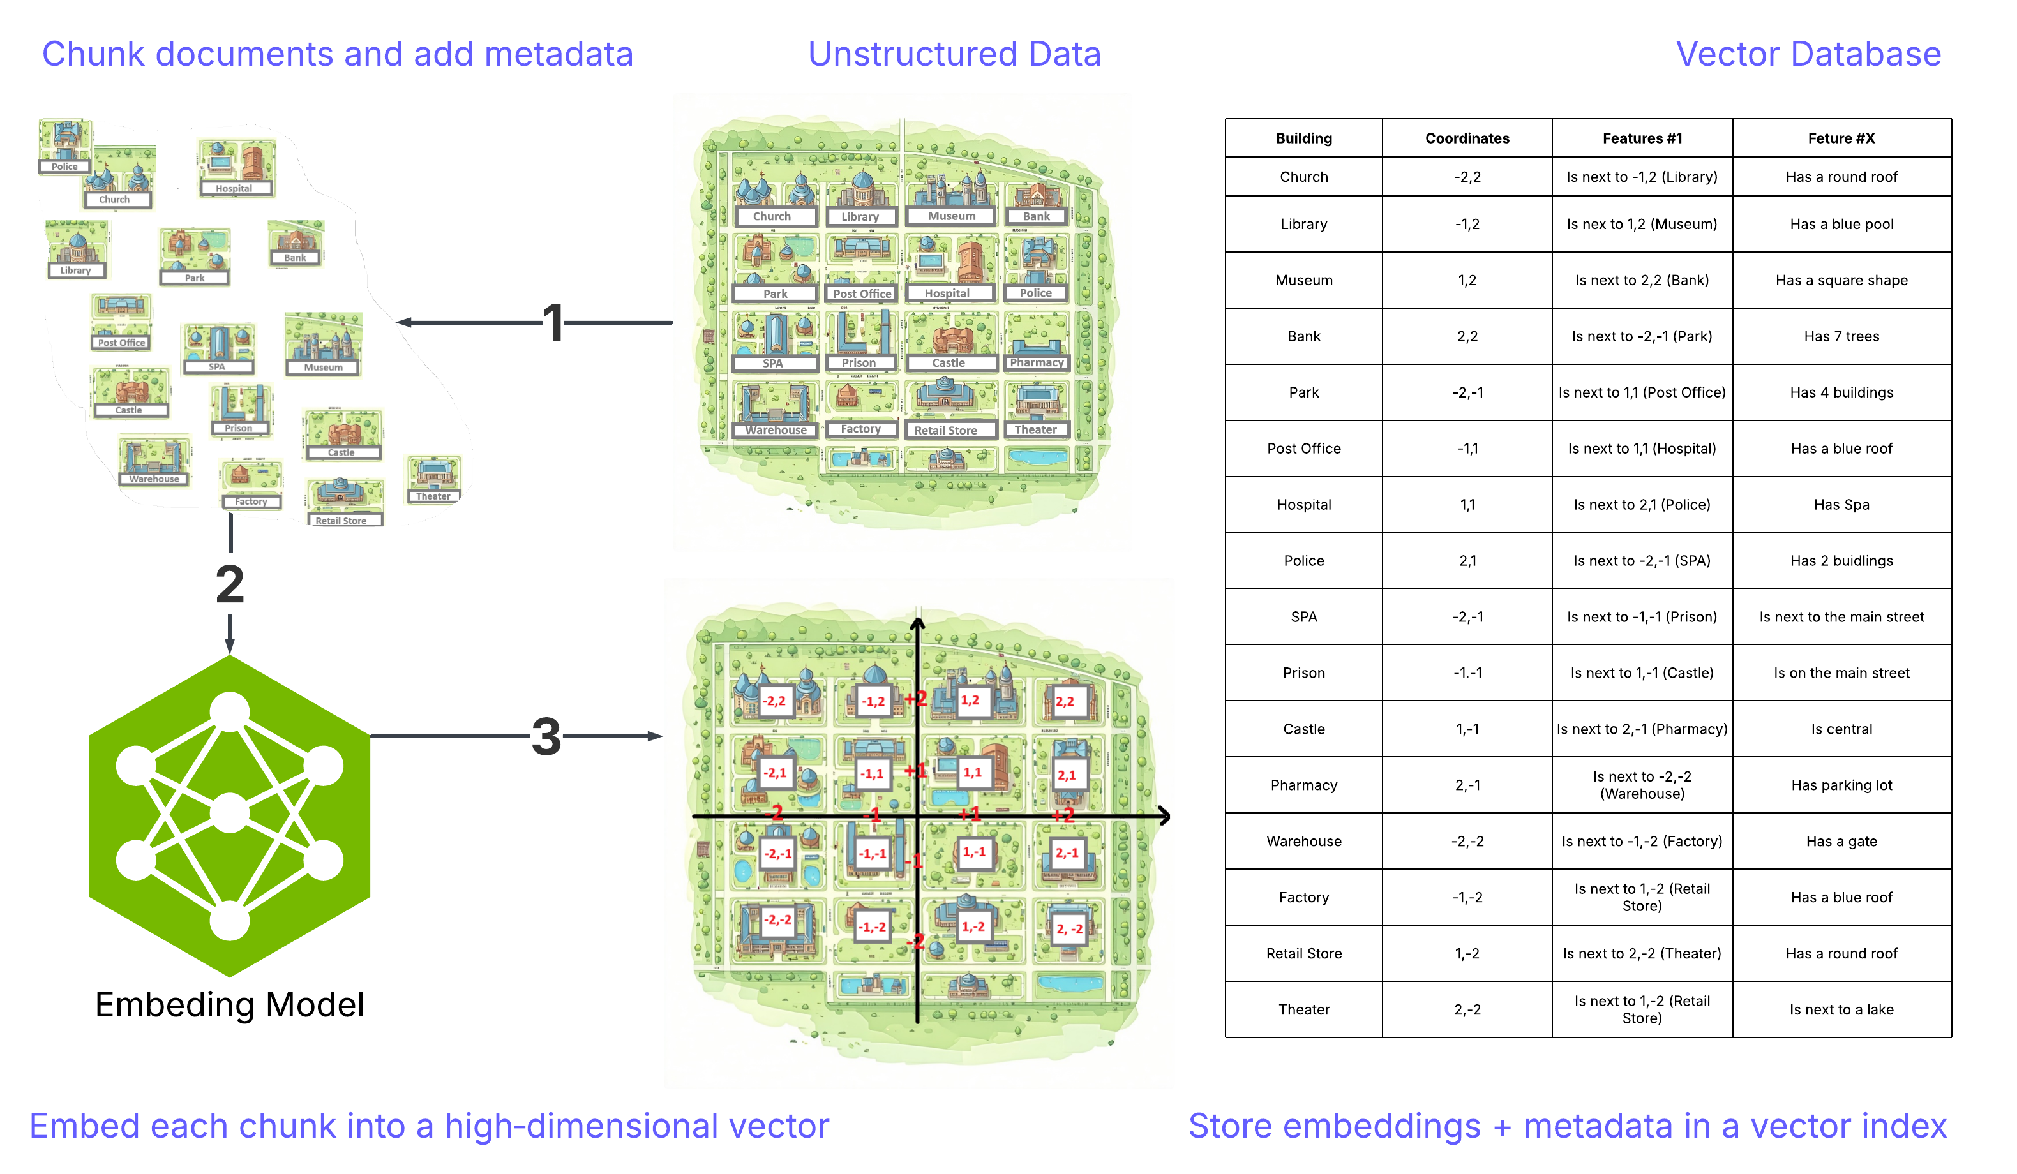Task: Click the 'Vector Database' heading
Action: click(1807, 54)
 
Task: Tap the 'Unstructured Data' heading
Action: click(954, 54)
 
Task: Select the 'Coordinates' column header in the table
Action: click(1466, 138)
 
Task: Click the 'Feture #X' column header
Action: click(1841, 138)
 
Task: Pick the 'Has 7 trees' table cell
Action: click(1841, 336)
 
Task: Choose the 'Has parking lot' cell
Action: click(1841, 785)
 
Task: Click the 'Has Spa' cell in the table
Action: click(1841, 505)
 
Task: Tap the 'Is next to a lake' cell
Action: click(1841, 1009)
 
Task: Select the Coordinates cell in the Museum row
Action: click(1466, 280)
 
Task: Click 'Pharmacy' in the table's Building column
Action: click(1303, 785)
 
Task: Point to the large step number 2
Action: click(230, 584)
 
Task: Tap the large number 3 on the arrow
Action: click(546, 736)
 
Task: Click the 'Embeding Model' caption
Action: click(230, 1004)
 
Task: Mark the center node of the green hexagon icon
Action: click(230, 815)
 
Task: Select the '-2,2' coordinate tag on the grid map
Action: click(774, 701)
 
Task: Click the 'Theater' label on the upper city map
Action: click(1035, 430)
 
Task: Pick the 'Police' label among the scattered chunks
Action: click(65, 167)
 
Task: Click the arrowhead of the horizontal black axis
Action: click(1165, 816)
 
